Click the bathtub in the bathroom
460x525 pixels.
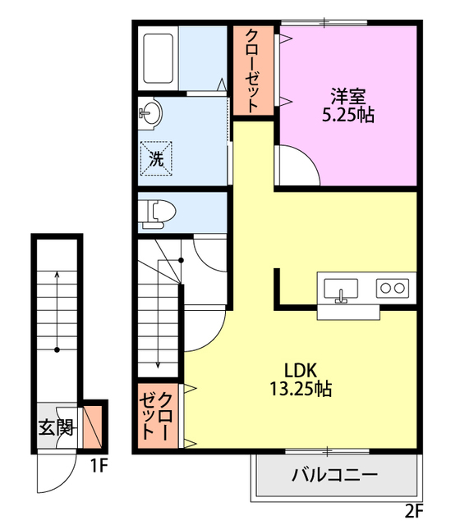coord(159,58)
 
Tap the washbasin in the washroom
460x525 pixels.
coord(150,113)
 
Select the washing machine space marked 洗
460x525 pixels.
coord(156,158)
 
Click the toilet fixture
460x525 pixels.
coord(158,214)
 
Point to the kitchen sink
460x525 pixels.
coord(341,289)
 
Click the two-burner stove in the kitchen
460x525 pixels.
coord(393,288)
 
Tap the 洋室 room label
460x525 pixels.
coord(347,96)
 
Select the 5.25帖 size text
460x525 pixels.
coord(348,115)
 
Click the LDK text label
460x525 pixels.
coord(301,370)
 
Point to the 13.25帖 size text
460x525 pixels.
coord(301,389)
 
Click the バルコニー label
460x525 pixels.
coord(334,474)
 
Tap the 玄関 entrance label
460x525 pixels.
coord(56,427)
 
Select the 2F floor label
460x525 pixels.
coord(414,511)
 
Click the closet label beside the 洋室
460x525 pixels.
coord(253,71)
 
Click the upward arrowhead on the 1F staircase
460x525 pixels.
coord(57,274)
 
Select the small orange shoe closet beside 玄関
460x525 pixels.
coord(92,427)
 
